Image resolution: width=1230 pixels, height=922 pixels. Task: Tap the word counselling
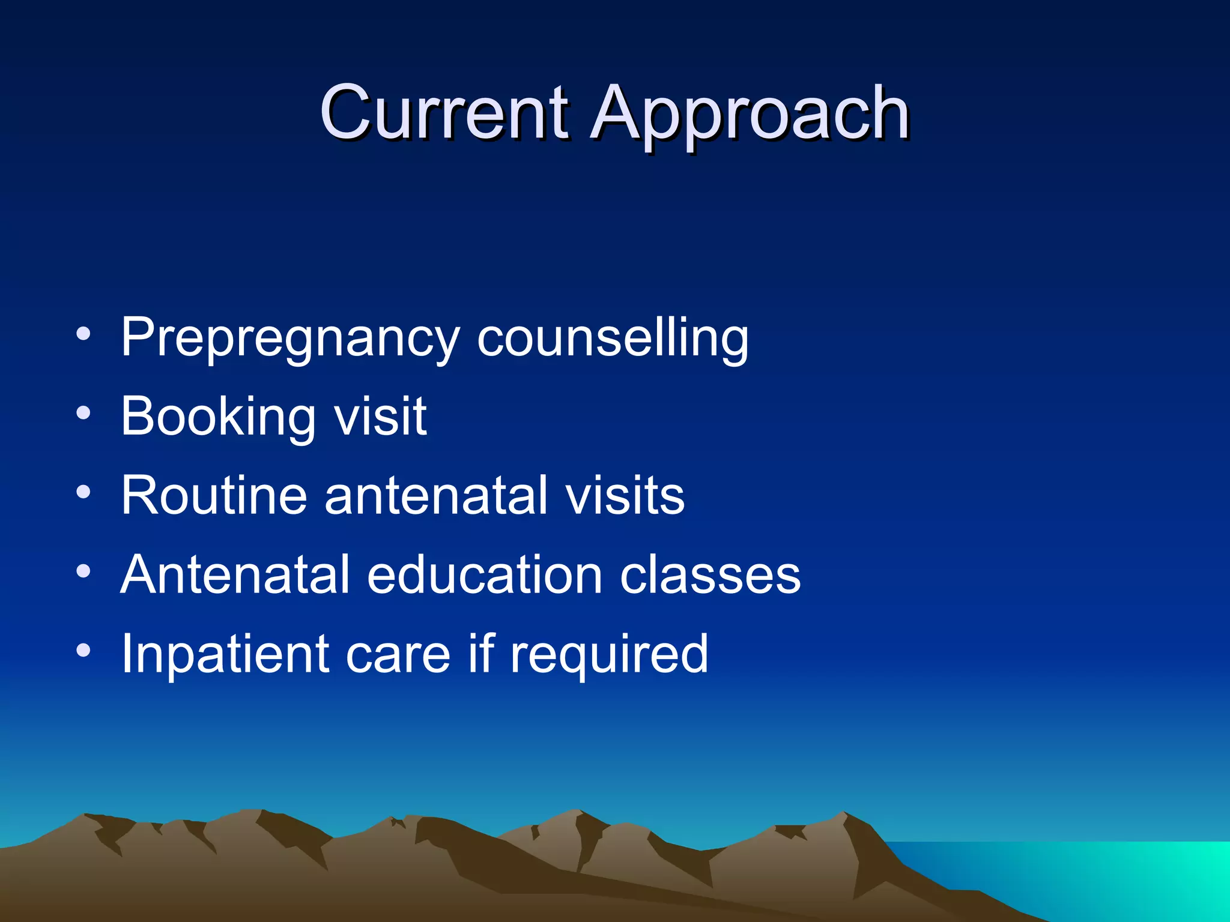point(613,339)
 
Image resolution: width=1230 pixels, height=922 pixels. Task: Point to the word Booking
point(218,418)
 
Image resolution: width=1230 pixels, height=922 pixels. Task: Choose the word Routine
point(214,495)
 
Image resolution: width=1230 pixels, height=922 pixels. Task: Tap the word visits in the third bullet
point(625,496)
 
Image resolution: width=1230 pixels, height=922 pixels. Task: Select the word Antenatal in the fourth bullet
point(235,574)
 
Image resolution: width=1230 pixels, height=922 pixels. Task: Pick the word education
point(484,574)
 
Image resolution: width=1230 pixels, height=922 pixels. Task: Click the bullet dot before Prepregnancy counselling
point(83,334)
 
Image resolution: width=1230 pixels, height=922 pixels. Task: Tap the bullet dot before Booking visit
point(83,413)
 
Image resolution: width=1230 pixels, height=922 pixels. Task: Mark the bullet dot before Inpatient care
point(83,650)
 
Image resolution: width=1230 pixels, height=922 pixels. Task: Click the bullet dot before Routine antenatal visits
point(83,492)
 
